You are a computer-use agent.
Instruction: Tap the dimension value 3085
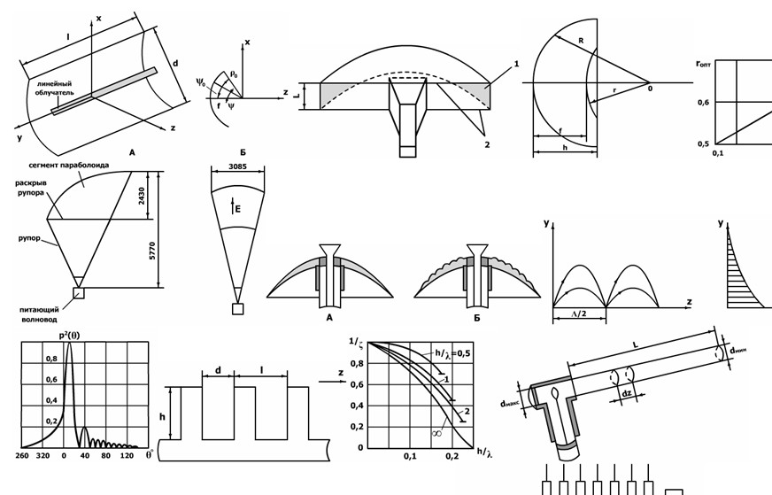pyautogui.click(x=236, y=166)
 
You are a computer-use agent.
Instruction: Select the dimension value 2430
pyautogui.click(x=142, y=195)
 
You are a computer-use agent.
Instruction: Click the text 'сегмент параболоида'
pyautogui.click(x=68, y=166)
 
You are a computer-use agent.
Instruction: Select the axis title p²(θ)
pyautogui.click(x=70, y=336)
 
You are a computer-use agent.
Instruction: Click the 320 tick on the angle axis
pyautogui.click(x=43, y=456)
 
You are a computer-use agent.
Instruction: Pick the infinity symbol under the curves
pyautogui.click(x=437, y=433)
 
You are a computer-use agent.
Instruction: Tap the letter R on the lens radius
pyautogui.click(x=581, y=41)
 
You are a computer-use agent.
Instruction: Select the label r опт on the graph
pyautogui.click(x=704, y=64)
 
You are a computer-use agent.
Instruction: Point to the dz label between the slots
pyautogui.click(x=627, y=392)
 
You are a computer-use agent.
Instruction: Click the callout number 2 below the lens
pyautogui.click(x=486, y=143)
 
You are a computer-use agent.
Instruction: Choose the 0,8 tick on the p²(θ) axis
pyautogui.click(x=51, y=359)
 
